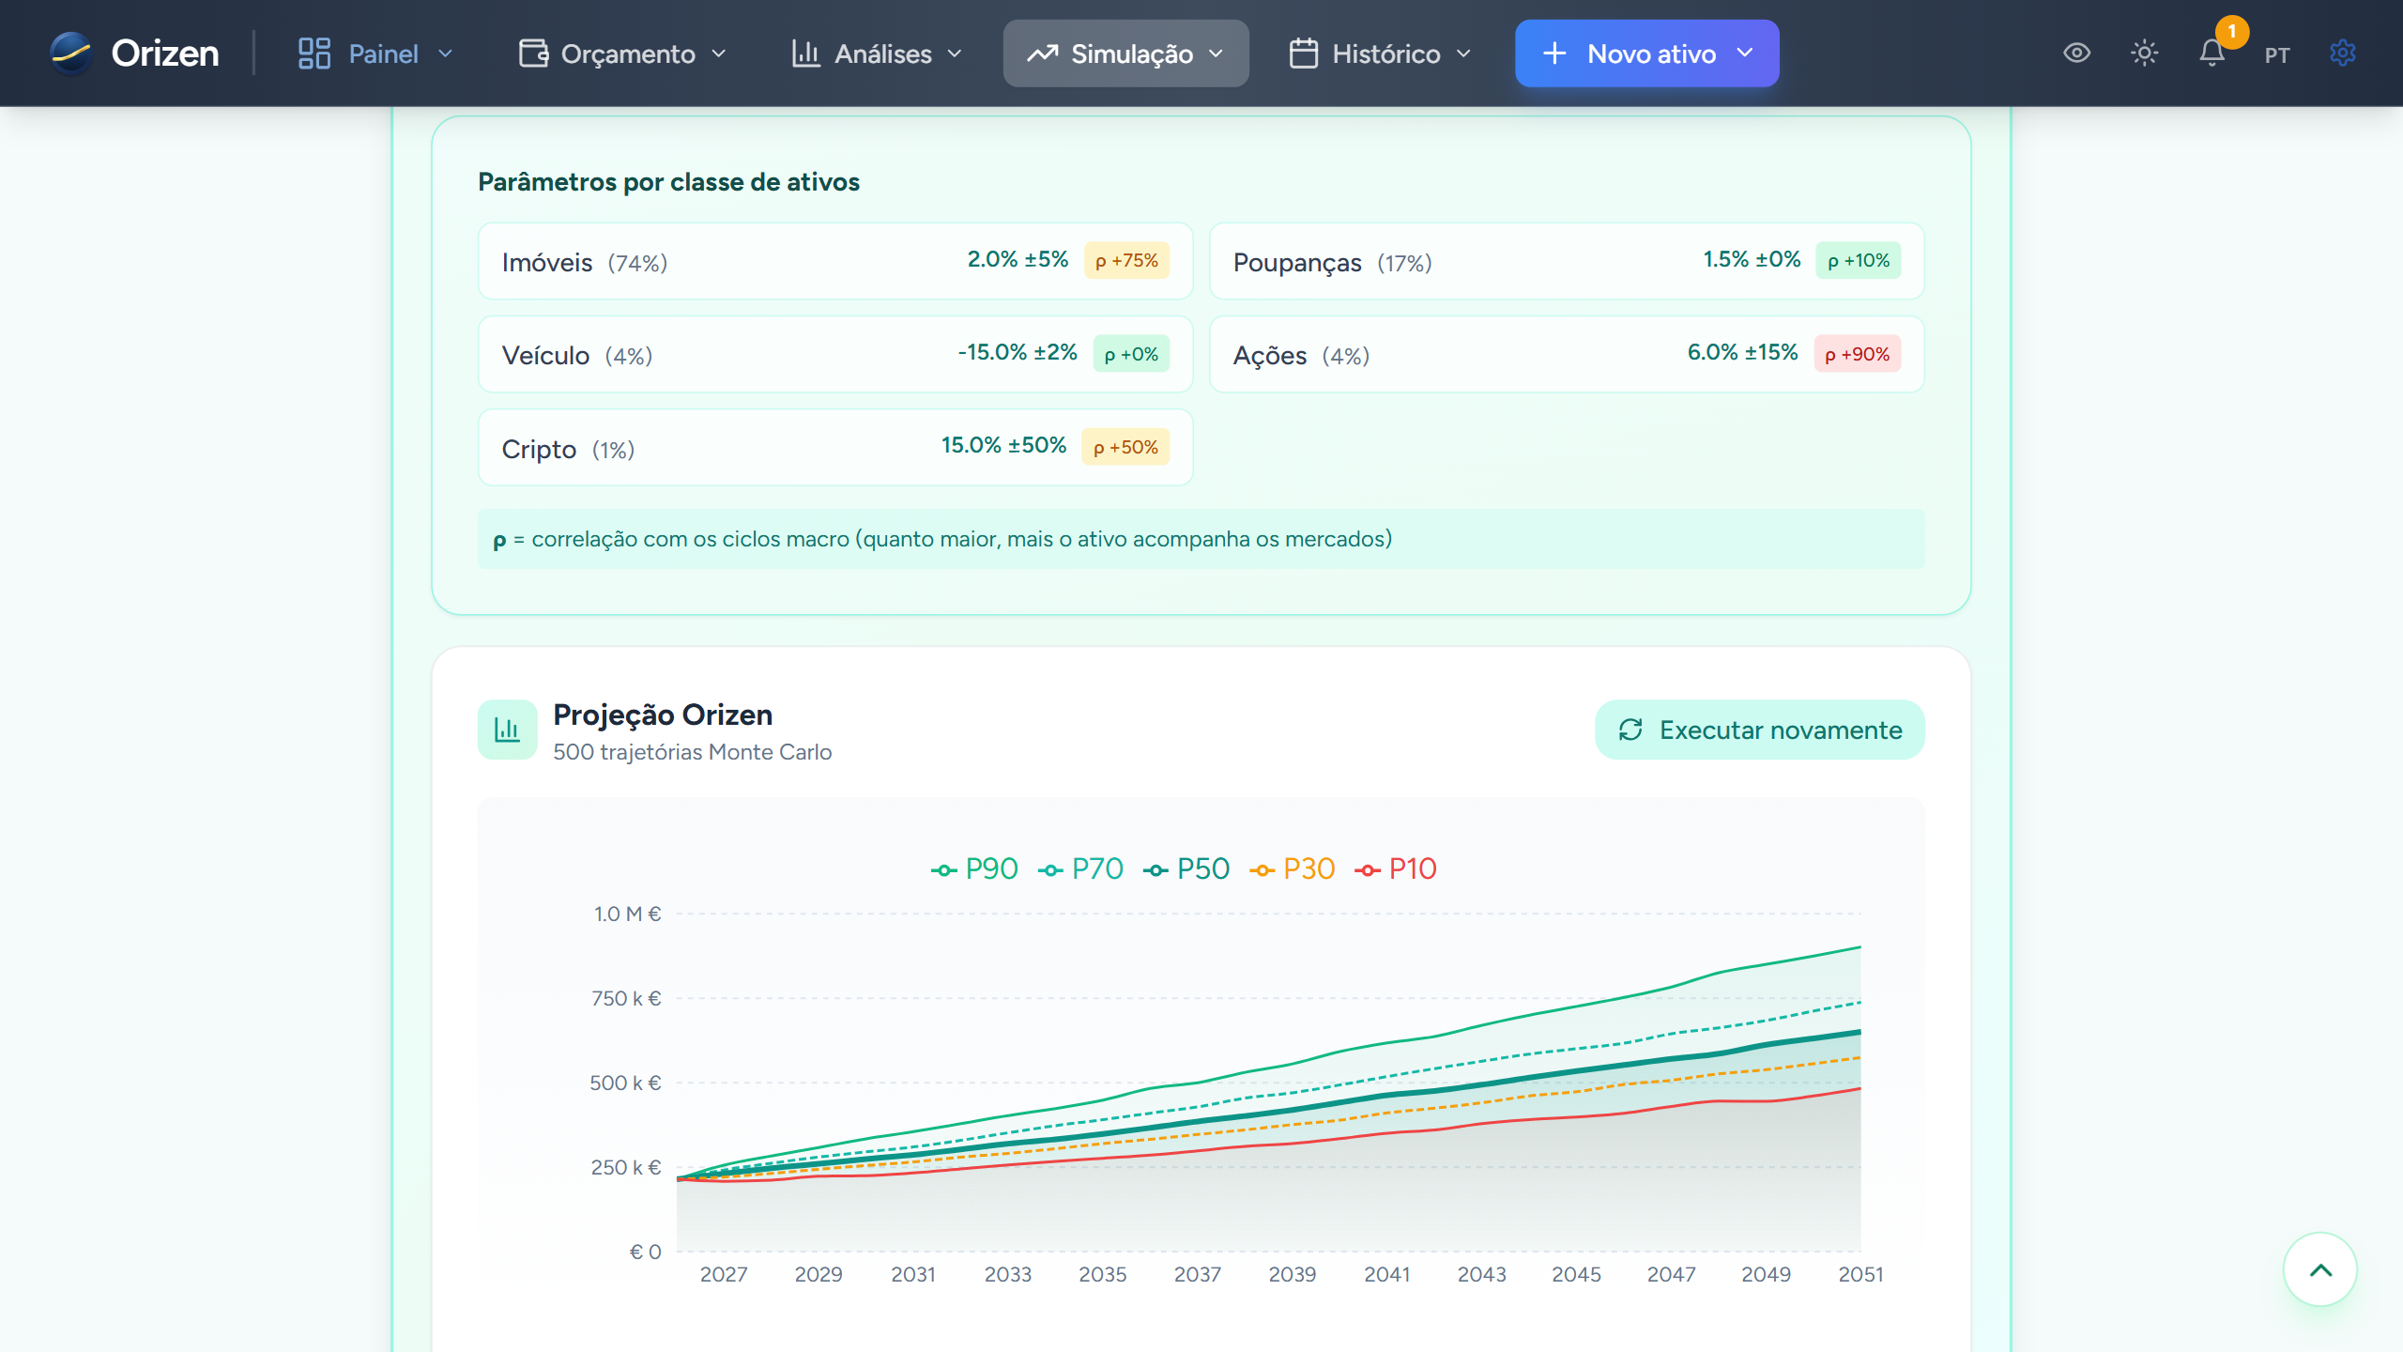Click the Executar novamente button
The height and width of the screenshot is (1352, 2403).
coord(1759,730)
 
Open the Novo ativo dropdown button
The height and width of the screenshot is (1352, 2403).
coord(1646,54)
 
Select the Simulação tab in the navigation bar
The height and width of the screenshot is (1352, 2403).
coord(1125,54)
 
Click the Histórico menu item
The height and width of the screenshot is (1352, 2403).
coord(1380,54)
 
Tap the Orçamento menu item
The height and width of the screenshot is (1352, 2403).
coord(623,54)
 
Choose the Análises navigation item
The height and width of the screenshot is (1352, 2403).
coord(877,54)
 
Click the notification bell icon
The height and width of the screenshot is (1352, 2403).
coord(2212,54)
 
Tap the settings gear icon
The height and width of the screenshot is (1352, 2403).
coord(2342,54)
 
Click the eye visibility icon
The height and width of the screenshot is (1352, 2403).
coord(2076,54)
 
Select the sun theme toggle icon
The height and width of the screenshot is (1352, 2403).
coord(2144,54)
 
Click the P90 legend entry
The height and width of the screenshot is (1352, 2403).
coord(975,869)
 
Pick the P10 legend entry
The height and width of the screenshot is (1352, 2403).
coord(1397,869)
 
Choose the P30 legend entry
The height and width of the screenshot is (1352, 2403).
coord(1293,869)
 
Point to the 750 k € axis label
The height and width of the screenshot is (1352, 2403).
coord(626,998)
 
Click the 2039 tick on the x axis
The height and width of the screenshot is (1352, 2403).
coord(1293,1274)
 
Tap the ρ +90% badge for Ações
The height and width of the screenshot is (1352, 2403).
coord(1857,355)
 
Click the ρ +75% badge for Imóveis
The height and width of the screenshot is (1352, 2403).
coord(1126,261)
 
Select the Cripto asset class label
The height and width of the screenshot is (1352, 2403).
coord(539,450)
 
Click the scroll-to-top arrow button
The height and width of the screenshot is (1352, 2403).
coord(2319,1270)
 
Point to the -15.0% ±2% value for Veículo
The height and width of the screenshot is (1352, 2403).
coord(1018,353)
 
